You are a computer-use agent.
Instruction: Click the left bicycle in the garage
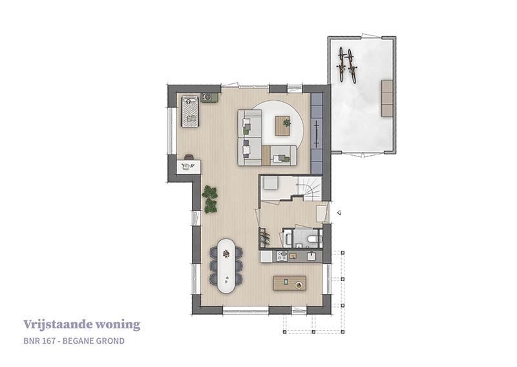click(342, 65)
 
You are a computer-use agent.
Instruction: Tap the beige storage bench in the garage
click(387, 98)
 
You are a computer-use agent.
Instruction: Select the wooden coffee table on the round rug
click(283, 125)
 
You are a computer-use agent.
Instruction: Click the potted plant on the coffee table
click(287, 123)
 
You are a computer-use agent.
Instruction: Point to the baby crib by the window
click(189, 111)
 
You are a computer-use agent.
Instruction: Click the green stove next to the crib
click(209, 98)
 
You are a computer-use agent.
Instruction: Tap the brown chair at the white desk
click(189, 157)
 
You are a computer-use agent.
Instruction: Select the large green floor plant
click(210, 199)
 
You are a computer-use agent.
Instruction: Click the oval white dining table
click(226, 266)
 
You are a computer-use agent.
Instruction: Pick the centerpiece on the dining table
click(226, 253)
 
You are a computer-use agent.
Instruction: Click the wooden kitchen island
click(290, 283)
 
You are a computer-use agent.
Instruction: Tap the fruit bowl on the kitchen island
click(299, 285)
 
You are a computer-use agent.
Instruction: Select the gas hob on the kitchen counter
click(282, 257)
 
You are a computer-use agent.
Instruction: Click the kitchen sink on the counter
click(311, 257)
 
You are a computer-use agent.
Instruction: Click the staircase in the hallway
click(310, 188)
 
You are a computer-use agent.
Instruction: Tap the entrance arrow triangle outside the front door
click(339, 213)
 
